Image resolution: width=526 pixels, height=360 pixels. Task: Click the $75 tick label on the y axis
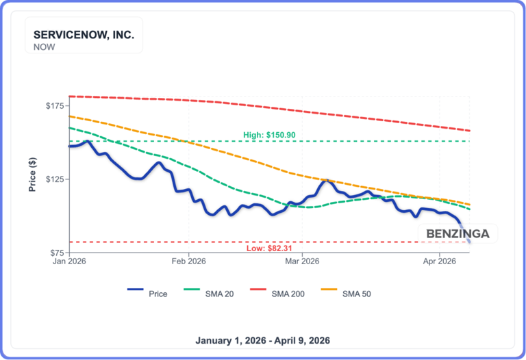56,253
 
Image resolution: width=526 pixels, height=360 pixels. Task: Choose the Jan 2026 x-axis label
69,261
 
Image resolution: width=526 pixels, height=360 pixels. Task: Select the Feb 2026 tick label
188,261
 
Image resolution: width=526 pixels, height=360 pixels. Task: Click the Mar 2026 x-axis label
301,261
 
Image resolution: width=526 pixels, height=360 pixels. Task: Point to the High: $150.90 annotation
269,135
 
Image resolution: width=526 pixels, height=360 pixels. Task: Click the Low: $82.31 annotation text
269,248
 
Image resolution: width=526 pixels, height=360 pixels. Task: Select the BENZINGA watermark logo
458,234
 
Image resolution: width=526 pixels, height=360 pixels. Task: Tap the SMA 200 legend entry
288,294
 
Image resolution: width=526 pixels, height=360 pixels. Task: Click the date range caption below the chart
263,340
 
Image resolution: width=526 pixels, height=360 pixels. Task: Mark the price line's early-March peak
327,181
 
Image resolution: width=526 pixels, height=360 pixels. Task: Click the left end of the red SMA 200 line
69,97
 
